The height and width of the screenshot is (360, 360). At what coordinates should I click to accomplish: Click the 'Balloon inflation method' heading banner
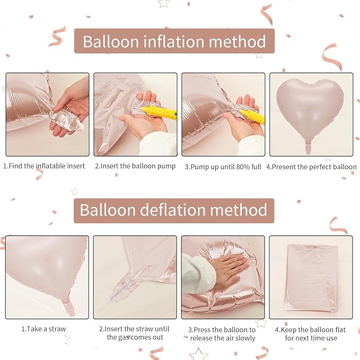174,41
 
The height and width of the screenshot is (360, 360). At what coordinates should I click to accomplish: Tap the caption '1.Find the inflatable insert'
45,166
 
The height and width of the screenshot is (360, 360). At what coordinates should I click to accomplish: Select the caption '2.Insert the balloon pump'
135,166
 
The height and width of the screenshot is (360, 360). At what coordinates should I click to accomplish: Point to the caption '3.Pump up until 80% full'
223,166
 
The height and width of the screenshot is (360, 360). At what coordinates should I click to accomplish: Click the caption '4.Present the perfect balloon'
311,166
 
